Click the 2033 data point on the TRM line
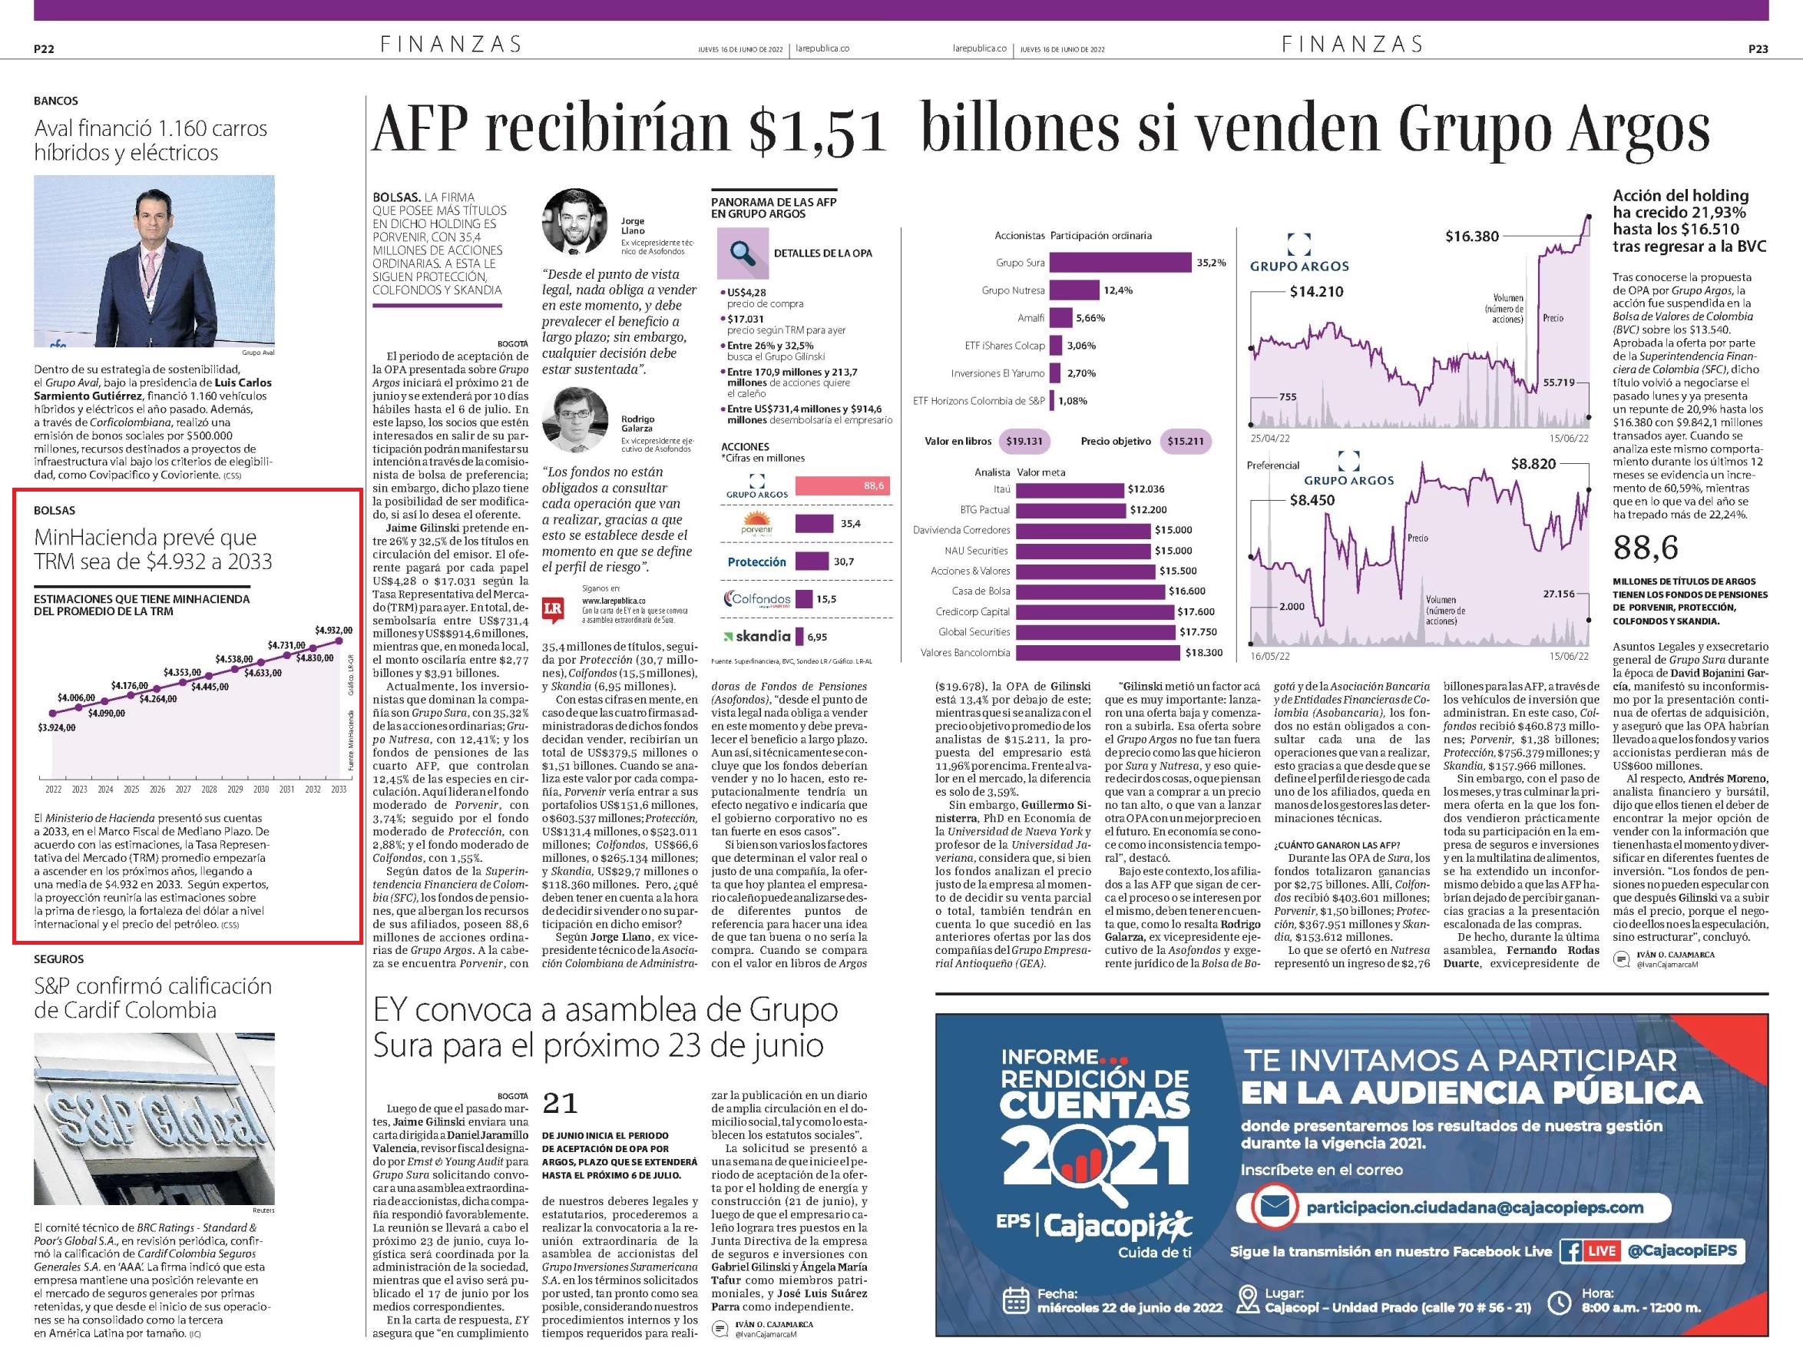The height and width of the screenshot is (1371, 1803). click(x=339, y=641)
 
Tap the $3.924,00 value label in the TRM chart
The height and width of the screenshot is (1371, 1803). click(x=56, y=727)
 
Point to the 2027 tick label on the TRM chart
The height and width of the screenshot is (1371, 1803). click(x=183, y=789)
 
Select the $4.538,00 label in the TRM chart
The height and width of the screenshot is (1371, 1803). click(x=233, y=658)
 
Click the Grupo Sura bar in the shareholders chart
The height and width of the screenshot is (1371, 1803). click(x=1120, y=263)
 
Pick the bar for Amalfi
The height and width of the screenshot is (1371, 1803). click(x=1060, y=318)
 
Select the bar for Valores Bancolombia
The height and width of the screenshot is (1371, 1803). click(x=1098, y=653)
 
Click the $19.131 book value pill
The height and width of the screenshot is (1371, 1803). click(x=1024, y=442)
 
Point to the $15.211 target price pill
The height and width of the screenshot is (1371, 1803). click(x=1186, y=442)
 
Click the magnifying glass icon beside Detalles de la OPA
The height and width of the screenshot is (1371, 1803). click(x=743, y=253)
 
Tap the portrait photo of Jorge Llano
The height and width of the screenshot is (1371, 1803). click(x=574, y=221)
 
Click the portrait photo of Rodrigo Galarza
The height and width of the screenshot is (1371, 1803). click(x=574, y=420)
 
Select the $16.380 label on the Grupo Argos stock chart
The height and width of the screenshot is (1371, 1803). click(x=1472, y=237)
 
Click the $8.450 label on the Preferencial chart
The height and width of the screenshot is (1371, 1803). click(x=1312, y=500)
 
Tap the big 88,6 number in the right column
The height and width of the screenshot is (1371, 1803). click(x=1646, y=548)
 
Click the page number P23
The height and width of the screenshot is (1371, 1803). click(x=1758, y=49)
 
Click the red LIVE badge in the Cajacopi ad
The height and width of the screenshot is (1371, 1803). click(x=1602, y=1252)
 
